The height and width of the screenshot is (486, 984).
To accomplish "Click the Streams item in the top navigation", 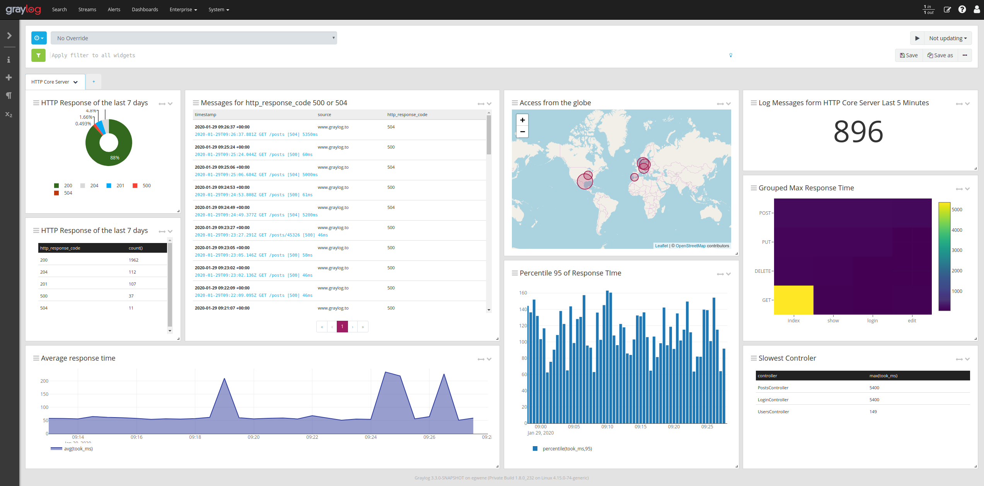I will point(87,10).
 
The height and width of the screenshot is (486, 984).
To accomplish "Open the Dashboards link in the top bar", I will point(145,10).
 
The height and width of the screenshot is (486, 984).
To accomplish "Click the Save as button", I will point(940,55).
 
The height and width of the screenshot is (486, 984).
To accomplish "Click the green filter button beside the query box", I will point(38,55).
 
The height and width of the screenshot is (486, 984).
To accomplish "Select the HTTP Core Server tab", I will point(50,82).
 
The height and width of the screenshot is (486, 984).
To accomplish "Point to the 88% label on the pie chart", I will point(115,158).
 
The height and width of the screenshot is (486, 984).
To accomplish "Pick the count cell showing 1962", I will point(133,260).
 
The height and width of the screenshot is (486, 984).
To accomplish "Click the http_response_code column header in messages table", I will point(407,115).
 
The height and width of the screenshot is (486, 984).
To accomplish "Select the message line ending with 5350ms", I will point(256,135).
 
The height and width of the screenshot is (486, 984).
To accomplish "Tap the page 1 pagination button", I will point(342,327).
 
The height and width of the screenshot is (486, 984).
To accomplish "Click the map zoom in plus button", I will point(522,120).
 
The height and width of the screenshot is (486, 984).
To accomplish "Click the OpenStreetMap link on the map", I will point(691,246).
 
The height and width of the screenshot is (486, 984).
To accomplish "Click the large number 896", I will point(858,132).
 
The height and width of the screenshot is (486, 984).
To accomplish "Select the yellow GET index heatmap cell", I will point(793,300).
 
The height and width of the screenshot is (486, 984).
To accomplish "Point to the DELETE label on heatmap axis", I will point(762,271).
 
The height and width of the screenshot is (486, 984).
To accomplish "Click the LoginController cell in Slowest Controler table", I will point(773,400).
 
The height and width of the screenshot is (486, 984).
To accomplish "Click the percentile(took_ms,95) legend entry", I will point(567,449).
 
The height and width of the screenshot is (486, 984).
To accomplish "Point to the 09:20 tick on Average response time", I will point(254,437).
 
